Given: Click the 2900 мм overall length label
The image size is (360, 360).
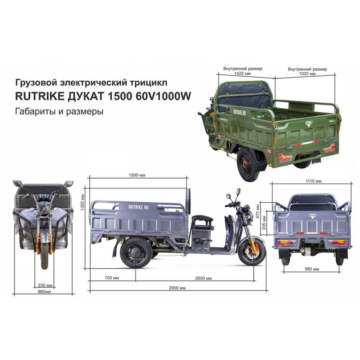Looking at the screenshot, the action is click(x=177, y=288).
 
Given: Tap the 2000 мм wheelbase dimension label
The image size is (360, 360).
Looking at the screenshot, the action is click(x=203, y=278).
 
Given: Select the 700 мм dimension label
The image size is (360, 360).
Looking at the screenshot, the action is click(x=112, y=278).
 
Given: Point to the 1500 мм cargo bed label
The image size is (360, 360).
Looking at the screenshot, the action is click(x=137, y=175).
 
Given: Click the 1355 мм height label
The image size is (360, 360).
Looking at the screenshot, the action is click(x=83, y=202).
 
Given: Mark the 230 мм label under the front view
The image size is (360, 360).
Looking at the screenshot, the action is click(x=45, y=285).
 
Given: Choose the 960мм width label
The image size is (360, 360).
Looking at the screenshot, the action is click(x=44, y=292).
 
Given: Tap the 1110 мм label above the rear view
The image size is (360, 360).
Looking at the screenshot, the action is click(x=314, y=181).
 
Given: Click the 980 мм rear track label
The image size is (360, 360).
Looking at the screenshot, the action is click(x=312, y=269).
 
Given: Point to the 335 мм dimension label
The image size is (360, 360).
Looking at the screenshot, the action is click(x=264, y=223).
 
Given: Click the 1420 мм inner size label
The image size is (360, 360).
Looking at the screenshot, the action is click(x=242, y=73).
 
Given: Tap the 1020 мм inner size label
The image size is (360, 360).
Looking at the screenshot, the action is click(x=307, y=74).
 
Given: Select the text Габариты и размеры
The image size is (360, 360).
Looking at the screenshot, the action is click(x=59, y=112).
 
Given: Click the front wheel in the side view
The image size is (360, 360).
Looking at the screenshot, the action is click(x=252, y=252).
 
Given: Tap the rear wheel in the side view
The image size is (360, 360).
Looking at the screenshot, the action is click(x=136, y=253).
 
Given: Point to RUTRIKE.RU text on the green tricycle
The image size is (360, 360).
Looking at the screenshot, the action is click(x=239, y=112).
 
